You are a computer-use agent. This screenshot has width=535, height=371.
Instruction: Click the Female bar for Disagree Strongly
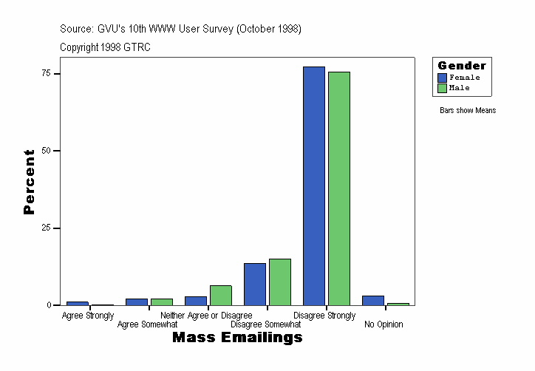[x=314, y=185]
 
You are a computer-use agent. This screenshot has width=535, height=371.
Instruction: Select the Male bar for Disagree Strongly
[x=339, y=188]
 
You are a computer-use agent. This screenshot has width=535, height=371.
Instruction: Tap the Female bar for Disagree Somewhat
[x=255, y=284]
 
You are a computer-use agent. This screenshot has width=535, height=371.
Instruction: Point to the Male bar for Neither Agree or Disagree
[x=221, y=295]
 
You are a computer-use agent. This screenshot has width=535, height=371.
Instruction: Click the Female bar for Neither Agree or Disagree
[x=196, y=301]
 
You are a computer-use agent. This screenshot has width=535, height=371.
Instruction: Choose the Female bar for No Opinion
[x=373, y=300]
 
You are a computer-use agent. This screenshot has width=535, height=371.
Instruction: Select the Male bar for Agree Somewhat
[x=162, y=302]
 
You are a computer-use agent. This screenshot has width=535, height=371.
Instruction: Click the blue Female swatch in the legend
[x=442, y=78]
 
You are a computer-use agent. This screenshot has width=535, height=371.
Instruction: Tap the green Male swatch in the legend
[x=442, y=88]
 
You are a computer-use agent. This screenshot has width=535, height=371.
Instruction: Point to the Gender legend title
[x=462, y=66]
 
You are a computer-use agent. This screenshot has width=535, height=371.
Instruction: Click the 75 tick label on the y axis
[x=46, y=73]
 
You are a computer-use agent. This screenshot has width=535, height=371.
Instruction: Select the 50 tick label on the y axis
[x=46, y=151]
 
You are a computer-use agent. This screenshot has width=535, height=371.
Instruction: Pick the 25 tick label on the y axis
[x=46, y=228]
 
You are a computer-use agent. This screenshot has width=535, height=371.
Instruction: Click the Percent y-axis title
[x=29, y=182]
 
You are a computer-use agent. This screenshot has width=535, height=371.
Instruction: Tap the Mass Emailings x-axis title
[x=237, y=338]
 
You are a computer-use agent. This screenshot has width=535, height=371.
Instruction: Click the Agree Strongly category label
[x=88, y=316]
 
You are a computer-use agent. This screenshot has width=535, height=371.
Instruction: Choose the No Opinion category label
[x=384, y=324]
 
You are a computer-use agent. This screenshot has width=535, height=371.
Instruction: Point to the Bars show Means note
[x=468, y=111]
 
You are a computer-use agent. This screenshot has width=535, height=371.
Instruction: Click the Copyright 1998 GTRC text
[x=106, y=47]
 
